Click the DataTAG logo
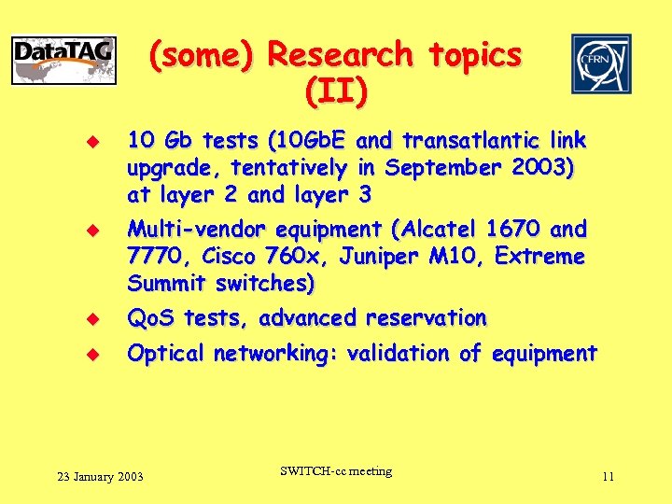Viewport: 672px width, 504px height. point(63,61)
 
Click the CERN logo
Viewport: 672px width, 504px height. point(601,63)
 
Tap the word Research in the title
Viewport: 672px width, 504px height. point(340,55)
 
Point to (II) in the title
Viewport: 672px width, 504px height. point(335,91)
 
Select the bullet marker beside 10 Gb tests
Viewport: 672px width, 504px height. point(92,142)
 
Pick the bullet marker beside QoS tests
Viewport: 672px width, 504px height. point(92,319)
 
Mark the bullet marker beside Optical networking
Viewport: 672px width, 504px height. point(92,355)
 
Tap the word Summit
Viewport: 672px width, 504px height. point(164,283)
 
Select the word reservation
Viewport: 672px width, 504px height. point(426,318)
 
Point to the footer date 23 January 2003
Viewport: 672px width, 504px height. point(100,477)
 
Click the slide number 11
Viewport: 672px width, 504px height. point(608,477)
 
